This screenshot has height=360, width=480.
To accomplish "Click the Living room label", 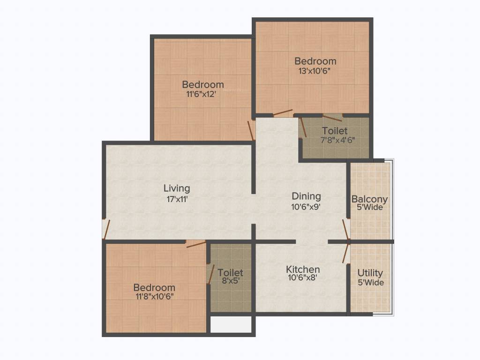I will [x=177, y=188].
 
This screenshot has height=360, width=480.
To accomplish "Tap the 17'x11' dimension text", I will [x=177, y=199].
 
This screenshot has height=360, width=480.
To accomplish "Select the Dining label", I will [x=306, y=196].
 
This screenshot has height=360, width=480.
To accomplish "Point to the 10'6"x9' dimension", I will [x=306, y=206].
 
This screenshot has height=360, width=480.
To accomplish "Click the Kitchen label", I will [x=303, y=270].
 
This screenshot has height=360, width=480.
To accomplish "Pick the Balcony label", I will [x=369, y=199].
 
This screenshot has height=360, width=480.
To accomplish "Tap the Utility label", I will [x=370, y=273].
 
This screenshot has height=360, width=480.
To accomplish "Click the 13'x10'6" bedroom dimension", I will [x=315, y=71].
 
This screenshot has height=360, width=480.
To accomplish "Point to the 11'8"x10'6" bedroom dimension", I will [x=154, y=296].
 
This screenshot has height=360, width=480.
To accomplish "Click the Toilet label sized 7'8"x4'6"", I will [x=335, y=131].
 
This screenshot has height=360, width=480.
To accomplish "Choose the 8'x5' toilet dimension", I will [x=230, y=282].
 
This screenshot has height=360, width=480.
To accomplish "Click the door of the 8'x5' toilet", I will [x=211, y=274].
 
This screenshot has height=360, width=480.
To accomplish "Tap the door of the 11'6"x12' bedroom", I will [x=251, y=130].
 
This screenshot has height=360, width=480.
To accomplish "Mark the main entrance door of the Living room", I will [x=106, y=229].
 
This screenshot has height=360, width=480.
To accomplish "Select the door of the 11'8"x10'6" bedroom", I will [x=196, y=244].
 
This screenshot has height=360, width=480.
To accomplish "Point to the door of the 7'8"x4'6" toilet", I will [x=303, y=127].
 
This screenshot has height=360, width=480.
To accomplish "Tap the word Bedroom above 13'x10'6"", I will [x=315, y=61].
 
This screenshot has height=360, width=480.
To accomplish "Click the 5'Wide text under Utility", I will [x=370, y=283].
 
